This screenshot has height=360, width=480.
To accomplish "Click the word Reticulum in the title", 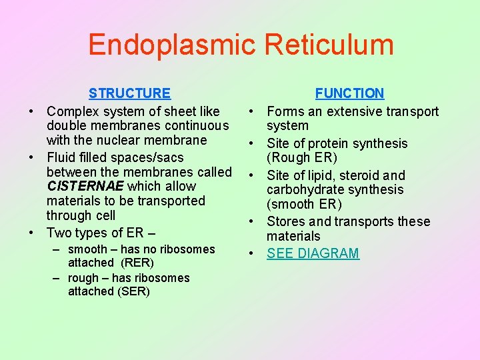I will [x=329, y=45].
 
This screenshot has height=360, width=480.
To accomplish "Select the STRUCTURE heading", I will [x=129, y=93].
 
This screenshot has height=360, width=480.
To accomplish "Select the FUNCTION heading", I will [x=349, y=93].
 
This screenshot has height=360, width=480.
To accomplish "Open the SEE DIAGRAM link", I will [x=313, y=253].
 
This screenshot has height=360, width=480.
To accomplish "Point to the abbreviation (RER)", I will [x=137, y=263].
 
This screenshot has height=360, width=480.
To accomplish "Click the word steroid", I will [x=357, y=175].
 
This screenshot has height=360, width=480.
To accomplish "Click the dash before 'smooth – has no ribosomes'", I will [x=59, y=249].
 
